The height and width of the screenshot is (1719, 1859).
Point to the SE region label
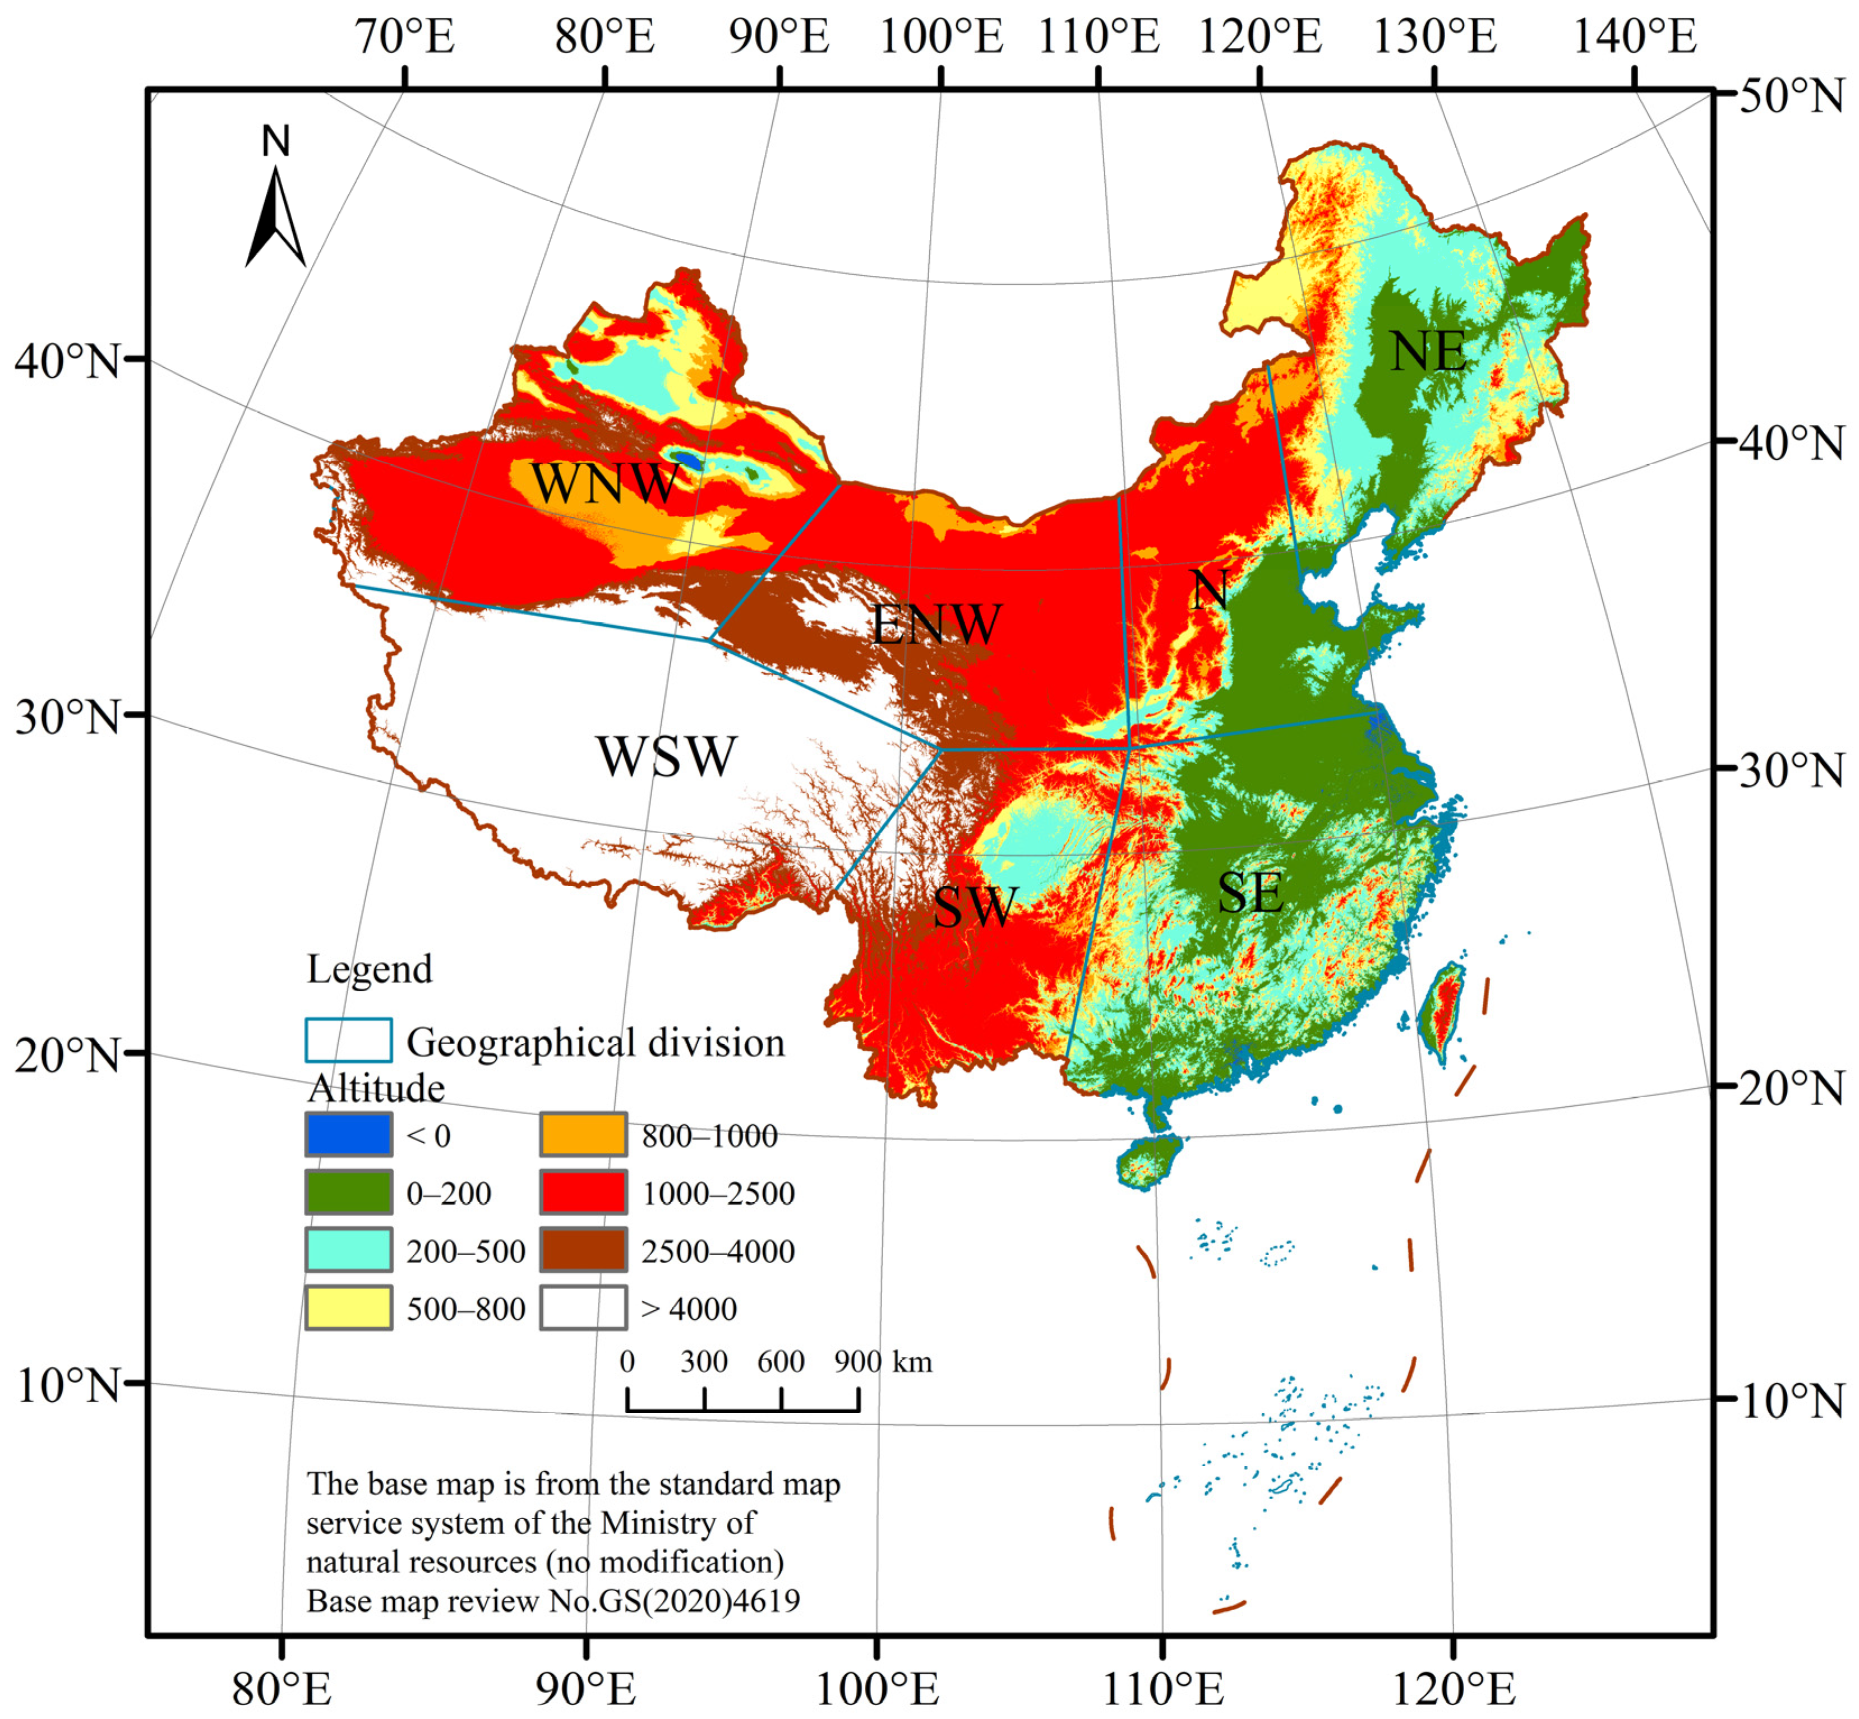click(x=1251, y=893)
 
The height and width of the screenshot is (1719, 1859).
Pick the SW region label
click(x=975, y=907)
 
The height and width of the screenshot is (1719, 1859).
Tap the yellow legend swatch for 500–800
click(x=348, y=1308)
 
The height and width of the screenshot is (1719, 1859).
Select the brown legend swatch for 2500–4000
click(x=583, y=1250)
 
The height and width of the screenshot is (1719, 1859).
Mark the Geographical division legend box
click(x=348, y=1040)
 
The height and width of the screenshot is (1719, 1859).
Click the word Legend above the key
click(x=370, y=969)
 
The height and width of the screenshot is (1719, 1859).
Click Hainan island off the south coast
click(x=1148, y=1162)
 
